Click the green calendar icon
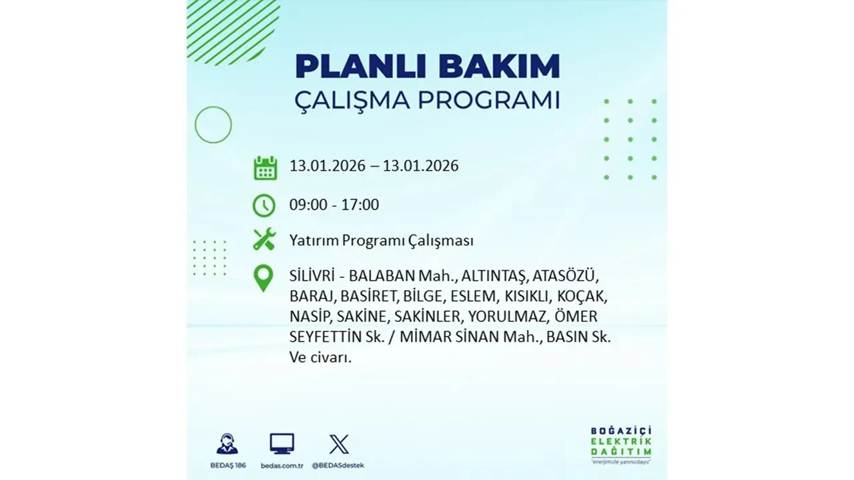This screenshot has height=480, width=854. pos(265,167)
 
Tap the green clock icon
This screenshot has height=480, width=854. pos(264,205)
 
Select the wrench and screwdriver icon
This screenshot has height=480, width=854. pos(264,239)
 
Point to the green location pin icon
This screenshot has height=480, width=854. pos(264,278)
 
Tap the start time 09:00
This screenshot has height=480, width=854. pos(308,205)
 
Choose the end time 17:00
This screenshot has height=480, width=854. pos(360,205)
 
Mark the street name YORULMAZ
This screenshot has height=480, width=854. pos(508,317)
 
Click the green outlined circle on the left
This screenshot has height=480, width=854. pos(213,125)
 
